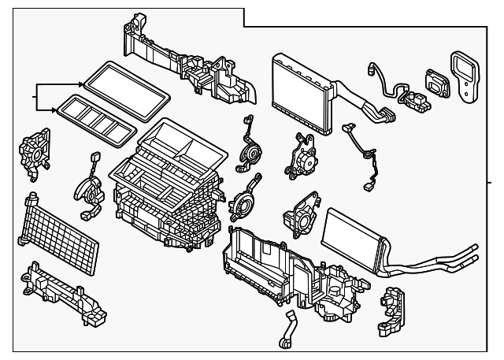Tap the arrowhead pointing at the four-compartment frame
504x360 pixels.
coord(54,108)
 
